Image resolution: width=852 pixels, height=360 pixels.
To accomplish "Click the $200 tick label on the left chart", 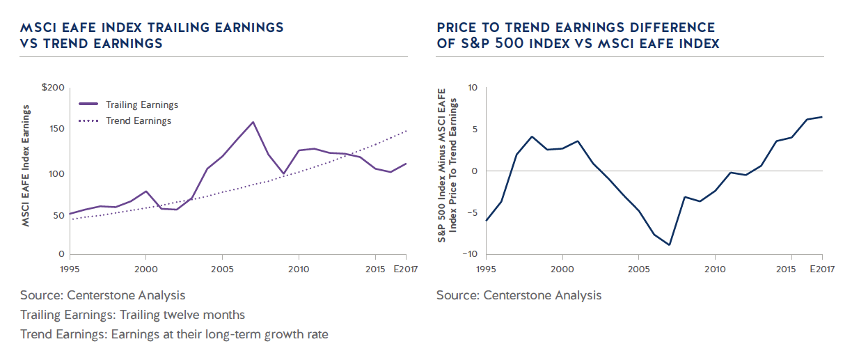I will tap(53, 88).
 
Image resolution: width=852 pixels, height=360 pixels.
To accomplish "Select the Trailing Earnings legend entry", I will tap(142, 105).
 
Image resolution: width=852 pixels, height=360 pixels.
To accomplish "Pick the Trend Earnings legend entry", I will tap(139, 121).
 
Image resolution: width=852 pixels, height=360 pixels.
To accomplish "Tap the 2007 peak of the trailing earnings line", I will tap(253, 122).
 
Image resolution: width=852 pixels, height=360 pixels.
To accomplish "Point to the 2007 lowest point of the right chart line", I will tap(669, 244).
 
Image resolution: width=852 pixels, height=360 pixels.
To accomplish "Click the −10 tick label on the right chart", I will tap(470, 254).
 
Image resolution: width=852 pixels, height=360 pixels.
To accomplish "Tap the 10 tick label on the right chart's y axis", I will tap(473, 88).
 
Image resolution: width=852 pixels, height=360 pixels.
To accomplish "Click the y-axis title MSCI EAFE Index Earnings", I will tap(29, 167).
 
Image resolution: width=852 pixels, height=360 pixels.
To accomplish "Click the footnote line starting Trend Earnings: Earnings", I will tap(174, 334).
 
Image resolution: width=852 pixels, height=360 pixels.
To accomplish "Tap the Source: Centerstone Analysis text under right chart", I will tap(519, 295).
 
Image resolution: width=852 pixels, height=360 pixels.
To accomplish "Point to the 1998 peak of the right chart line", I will tap(532, 136).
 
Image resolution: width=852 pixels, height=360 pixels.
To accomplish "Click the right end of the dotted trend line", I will tap(407, 130).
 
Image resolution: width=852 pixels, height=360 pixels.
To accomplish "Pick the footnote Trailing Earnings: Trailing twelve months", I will tap(132, 315).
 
